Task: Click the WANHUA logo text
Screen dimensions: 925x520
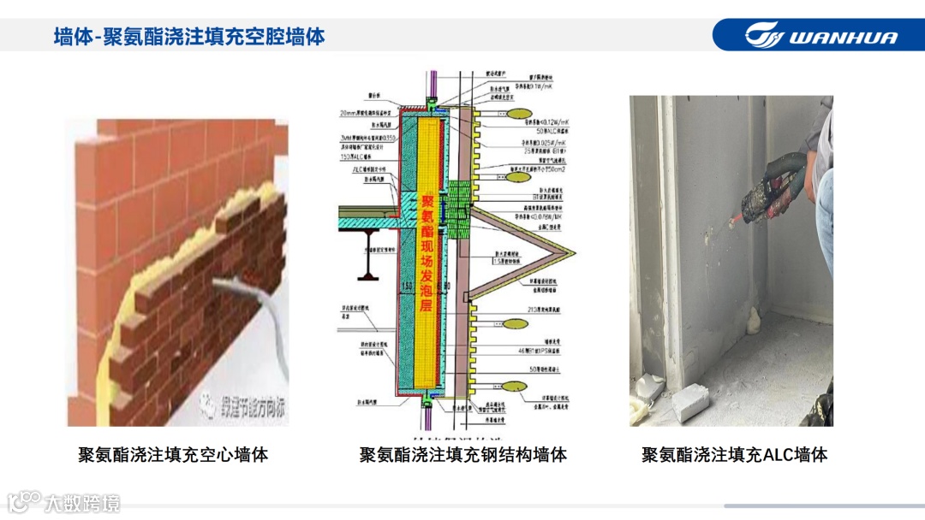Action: point(843,37)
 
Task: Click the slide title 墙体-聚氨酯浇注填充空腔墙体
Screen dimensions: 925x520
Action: point(189,37)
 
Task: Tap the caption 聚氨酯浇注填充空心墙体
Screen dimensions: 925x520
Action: point(173,454)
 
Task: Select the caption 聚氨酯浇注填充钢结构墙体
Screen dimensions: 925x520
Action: point(462,454)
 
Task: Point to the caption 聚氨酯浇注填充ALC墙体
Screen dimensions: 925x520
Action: point(734,454)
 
